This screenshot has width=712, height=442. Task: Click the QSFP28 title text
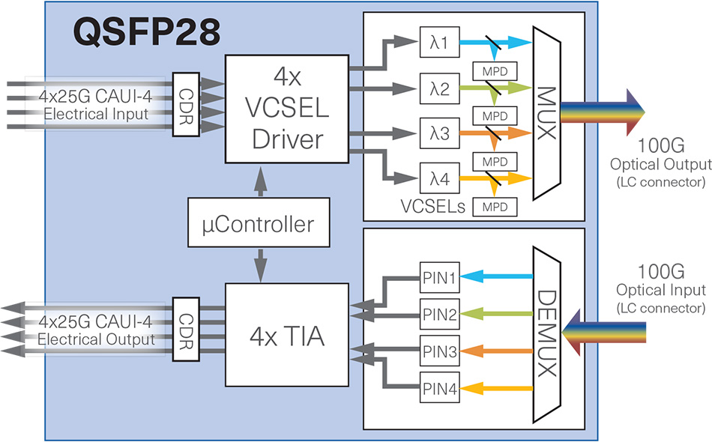pyautogui.click(x=147, y=32)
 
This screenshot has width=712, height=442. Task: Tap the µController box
pyautogui.click(x=259, y=223)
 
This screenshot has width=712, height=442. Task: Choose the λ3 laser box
pyautogui.click(x=438, y=134)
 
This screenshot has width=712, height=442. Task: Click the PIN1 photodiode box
pyautogui.click(x=438, y=276)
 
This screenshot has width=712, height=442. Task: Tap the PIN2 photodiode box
pyautogui.click(x=438, y=314)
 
